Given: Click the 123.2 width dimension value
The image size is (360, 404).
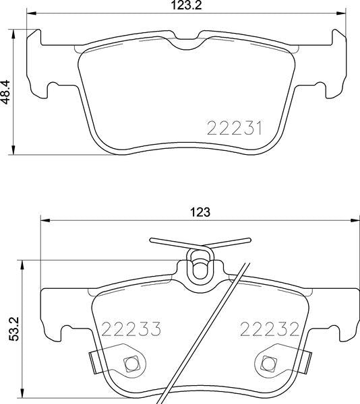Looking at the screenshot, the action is (186, 5).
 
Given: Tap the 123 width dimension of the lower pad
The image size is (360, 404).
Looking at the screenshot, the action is (200, 212).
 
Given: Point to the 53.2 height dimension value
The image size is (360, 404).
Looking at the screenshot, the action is (13, 329).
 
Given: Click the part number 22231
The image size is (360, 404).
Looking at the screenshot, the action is (235, 129).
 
